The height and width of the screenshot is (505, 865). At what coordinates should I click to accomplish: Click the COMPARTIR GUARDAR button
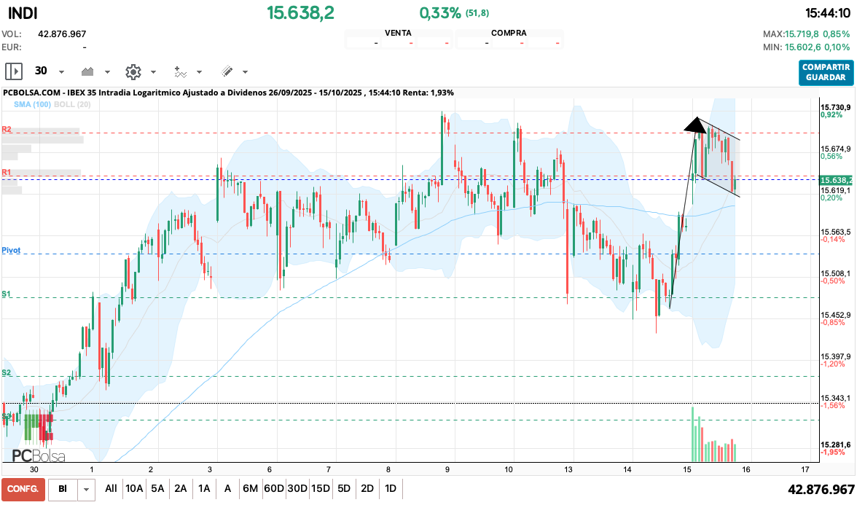coord(826,71)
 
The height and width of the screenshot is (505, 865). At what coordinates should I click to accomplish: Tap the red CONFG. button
coord(23,488)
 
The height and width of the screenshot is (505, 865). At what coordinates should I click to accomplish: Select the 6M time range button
coord(250,488)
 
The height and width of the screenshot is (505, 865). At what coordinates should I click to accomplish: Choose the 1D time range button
coord(391,488)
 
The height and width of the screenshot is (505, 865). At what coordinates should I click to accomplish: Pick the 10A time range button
coord(134,488)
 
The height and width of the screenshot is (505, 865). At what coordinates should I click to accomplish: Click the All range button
coord(111,488)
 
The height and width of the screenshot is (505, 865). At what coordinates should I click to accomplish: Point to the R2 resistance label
coord(7,129)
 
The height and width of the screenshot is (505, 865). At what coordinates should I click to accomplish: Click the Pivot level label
coord(11,250)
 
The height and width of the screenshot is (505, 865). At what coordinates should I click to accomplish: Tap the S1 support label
coord(7,294)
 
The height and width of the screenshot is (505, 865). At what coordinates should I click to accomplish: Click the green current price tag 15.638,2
coord(836,180)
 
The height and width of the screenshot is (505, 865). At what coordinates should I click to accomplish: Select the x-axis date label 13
coord(568,469)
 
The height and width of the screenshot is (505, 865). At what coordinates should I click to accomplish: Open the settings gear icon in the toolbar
coord(133,71)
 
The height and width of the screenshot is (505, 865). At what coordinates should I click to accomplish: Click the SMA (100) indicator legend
coord(31,105)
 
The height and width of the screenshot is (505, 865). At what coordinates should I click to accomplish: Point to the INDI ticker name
coord(23,13)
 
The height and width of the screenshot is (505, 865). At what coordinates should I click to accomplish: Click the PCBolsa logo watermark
coord(39,456)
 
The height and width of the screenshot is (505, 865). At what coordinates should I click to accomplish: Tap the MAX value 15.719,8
coord(801,34)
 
